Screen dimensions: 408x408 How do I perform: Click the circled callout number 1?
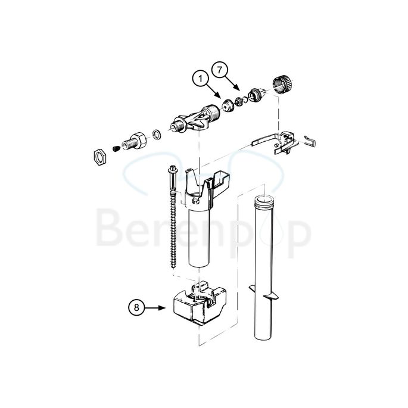[201, 79]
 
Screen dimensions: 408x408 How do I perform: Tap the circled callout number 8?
[137, 308]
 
